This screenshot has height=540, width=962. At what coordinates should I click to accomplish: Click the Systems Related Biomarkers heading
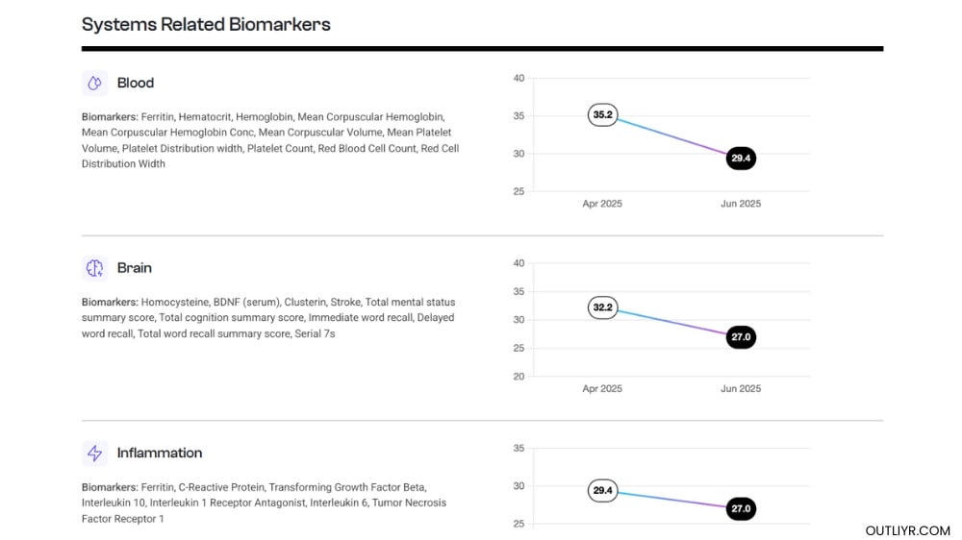206,25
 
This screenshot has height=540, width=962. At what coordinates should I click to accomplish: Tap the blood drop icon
94,83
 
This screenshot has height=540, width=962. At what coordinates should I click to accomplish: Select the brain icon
94,268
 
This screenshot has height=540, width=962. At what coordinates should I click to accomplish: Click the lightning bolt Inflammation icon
94,453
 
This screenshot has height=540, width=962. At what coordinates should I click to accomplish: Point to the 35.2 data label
602,115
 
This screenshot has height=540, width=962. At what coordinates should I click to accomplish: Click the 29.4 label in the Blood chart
741,159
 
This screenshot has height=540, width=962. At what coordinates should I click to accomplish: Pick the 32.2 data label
602,308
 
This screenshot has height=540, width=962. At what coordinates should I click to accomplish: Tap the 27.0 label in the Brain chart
741,337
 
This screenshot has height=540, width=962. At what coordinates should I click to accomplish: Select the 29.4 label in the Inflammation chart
602,491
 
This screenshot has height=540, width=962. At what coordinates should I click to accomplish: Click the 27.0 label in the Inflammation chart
741,509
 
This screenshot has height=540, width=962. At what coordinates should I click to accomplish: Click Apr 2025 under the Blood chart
602,204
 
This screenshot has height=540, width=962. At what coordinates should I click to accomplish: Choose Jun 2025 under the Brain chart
741,388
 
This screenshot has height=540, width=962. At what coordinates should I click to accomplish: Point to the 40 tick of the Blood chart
519,78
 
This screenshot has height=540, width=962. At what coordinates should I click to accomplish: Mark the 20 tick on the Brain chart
519,377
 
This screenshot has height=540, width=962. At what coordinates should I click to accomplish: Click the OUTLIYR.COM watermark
907,530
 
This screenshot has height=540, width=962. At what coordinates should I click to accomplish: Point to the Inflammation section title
160,453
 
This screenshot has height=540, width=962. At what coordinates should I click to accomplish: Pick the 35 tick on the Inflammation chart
519,449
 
